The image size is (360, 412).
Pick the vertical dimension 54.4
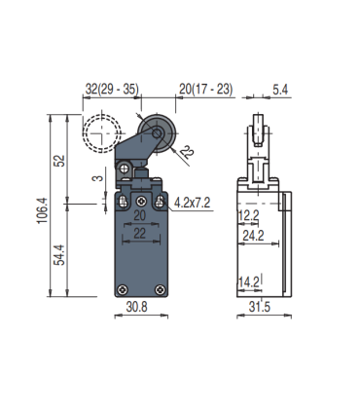pos(59,254)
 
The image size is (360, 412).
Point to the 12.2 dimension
pos(249,214)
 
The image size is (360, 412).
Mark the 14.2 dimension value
pos(249,282)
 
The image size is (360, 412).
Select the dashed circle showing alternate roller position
pos(100,133)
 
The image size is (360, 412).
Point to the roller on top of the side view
pos(259,131)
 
